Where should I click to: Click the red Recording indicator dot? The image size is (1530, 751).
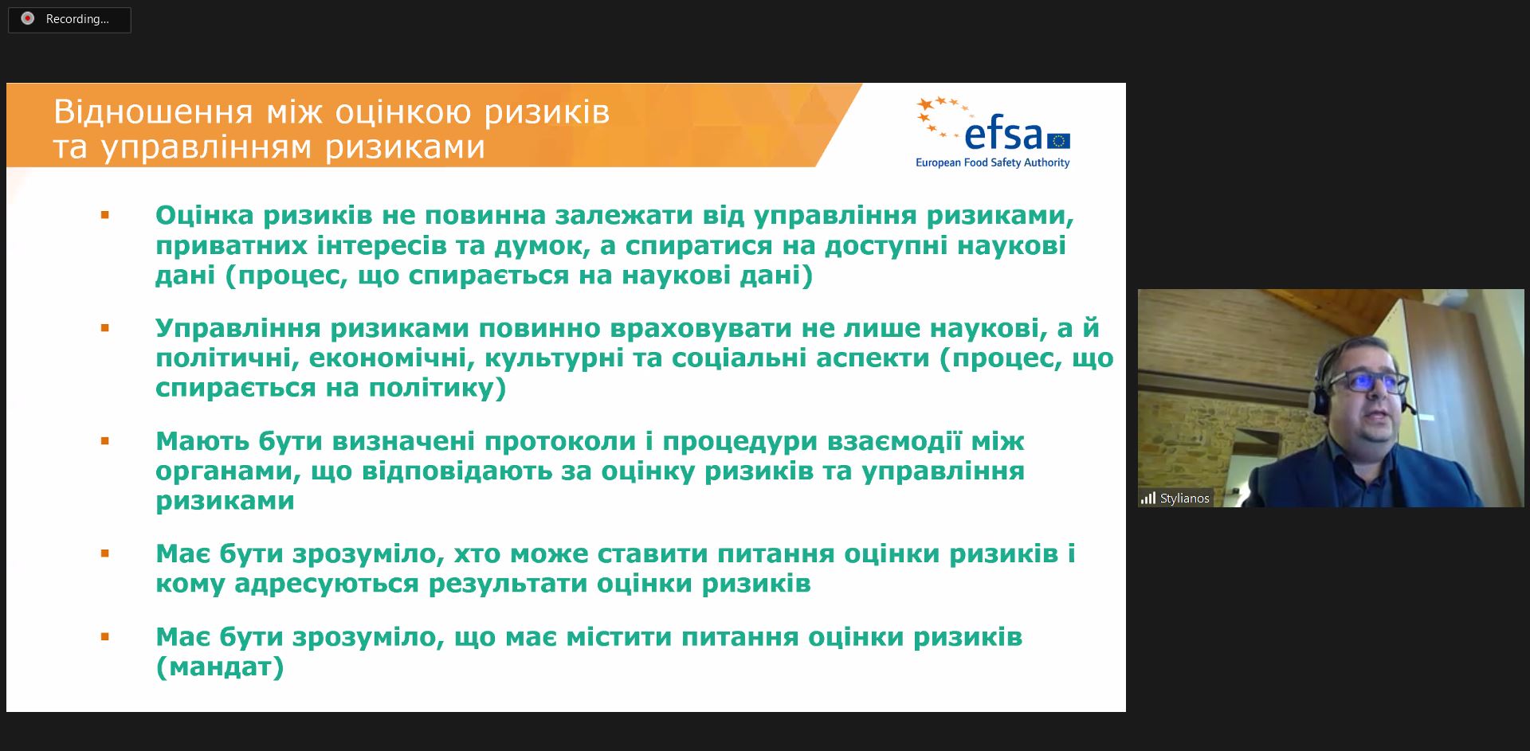coord(28,18)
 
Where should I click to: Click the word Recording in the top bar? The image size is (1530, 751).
coord(76,19)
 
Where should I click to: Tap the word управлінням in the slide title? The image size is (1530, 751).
coord(209,147)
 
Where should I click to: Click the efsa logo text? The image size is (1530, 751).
coord(1002,135)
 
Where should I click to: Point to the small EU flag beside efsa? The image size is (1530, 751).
coord(1058,141)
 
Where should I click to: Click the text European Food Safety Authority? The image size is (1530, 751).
coord(992,162)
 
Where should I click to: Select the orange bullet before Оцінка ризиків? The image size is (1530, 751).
coord(104,215)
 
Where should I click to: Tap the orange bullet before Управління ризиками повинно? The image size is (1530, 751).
coord(104,328)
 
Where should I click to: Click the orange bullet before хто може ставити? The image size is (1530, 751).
coord(104,553)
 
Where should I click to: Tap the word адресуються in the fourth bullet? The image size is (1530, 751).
coord(327,584)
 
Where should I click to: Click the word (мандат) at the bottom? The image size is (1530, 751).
coord(220,667)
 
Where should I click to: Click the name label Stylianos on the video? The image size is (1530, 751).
coord(1184,499)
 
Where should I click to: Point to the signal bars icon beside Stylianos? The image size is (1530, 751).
coord(1148,499)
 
